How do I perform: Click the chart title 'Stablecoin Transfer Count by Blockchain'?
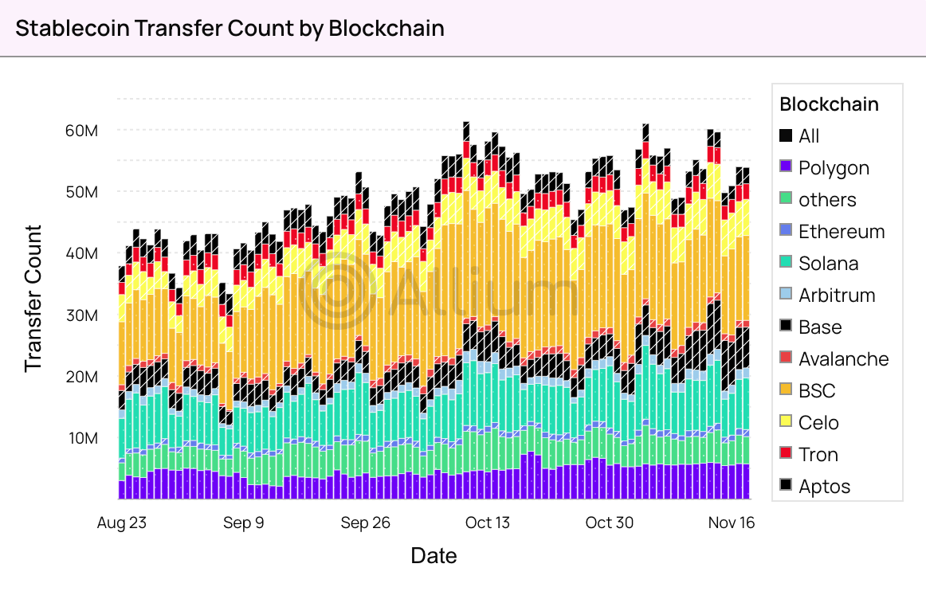click(230, 28)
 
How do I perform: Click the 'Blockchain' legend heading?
click(829, 104)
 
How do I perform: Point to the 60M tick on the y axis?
click(82, 130)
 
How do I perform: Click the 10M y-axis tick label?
click(83, 438)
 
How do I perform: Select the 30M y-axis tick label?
click(82, 315)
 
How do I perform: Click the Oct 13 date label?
click(487, 523)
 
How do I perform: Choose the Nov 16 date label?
click(731, 523)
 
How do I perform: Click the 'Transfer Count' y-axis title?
click(33, 299)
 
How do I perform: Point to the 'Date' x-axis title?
click(434, 555)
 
